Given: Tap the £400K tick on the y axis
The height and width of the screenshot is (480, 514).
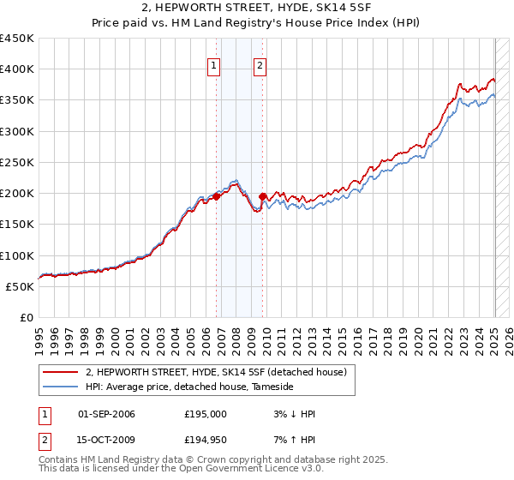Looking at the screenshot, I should (16, 69).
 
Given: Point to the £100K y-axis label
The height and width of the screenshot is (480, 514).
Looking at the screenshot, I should (16, 255).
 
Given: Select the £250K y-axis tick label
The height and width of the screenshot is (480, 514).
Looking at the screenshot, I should (16, 162).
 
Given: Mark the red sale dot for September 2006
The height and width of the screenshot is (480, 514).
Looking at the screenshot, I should (216, 196).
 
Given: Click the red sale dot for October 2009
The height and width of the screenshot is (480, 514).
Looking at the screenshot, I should (263, 196).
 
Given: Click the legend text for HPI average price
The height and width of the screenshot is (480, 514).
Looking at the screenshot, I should (189, 387).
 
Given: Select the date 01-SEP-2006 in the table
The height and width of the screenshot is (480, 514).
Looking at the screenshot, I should (106, 414).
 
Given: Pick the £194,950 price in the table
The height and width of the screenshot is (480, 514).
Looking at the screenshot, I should (206, 440).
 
